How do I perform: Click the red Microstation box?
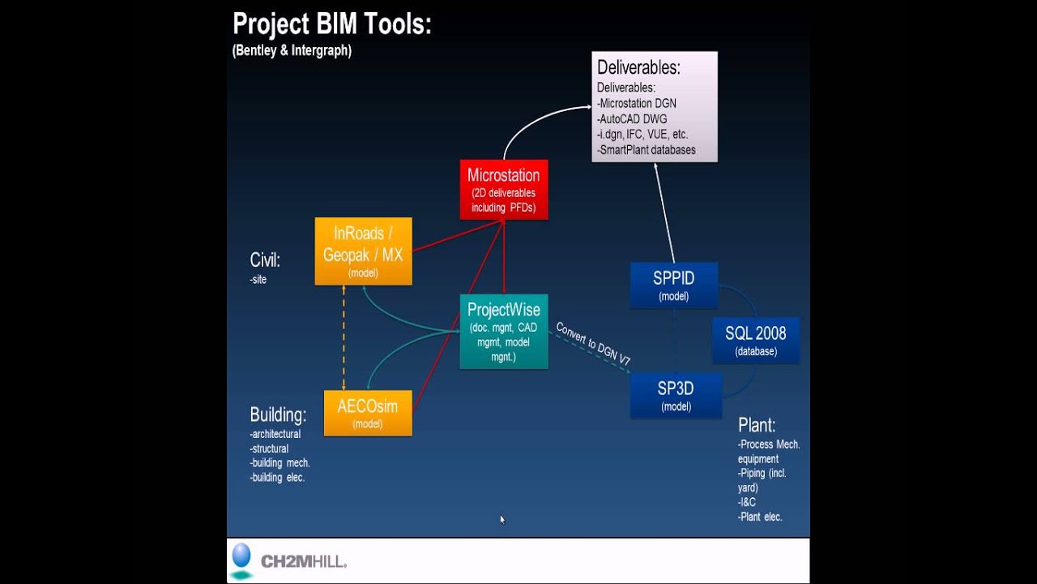tap(504, 190)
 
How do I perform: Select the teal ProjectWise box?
tap(504, 332)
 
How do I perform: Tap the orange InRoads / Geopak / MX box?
tap(363, 251)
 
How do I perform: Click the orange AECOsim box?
tap(368, 413)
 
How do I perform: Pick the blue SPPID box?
tap(674, 285)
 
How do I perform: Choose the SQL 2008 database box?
tap(756, 341)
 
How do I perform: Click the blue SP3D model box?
tap(676, 396)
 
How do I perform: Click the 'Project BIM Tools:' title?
tap(332, 24)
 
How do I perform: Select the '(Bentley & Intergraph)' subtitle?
tap(292, 50)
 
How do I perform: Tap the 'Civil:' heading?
tap(265, 260)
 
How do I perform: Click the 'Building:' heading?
tap(278, 415)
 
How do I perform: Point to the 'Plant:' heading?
tap(757, 425)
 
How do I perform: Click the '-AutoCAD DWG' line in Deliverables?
tap(633, 119)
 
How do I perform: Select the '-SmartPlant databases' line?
tap(647, 150)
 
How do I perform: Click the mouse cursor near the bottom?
tap(502, 520)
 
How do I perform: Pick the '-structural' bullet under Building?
tap(270, 449)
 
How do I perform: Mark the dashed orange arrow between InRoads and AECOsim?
tap(344, 338)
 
